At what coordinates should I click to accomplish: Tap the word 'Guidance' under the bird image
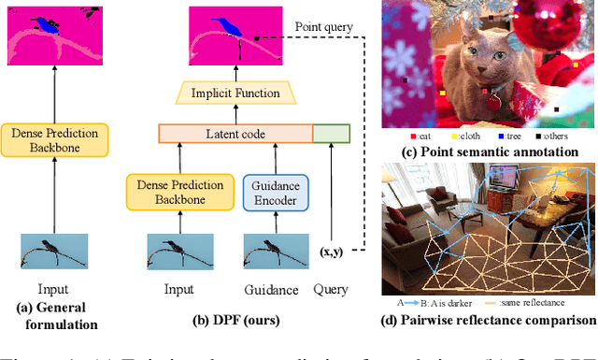(x=273, y=291)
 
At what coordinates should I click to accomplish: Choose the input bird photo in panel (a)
(x=52, y=253)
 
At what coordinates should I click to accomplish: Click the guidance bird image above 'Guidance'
(x=273, y=253)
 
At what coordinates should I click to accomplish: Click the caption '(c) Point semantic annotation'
(x=487, y=151)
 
